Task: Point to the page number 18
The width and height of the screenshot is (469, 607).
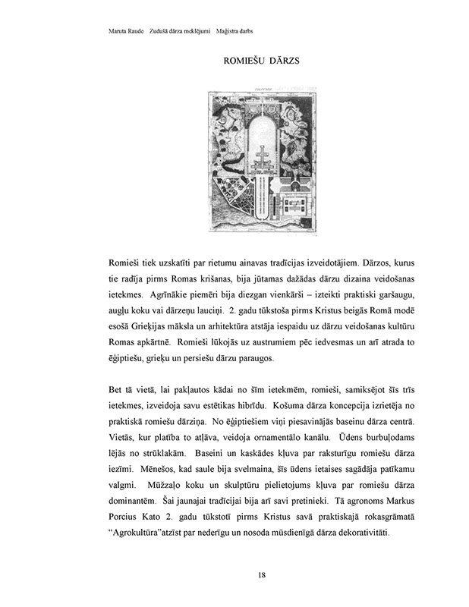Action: point(262,574)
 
